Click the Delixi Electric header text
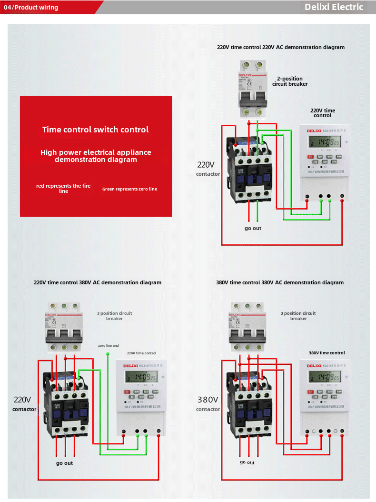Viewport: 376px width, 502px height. point(334,7)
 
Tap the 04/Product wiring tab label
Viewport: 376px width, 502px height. point(31,8)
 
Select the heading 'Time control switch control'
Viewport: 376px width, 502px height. point(95,130)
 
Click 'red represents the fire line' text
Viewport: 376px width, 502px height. point(63,188)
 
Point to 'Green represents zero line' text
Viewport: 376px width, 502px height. point(129,189)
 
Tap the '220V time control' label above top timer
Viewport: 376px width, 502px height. point(323,113)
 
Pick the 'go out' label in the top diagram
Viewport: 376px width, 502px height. point(253,229)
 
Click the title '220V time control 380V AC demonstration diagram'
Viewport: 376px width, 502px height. point(98,282)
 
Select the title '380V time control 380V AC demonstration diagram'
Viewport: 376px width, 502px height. point(280,282)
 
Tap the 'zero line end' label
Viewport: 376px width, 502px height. point(109,345)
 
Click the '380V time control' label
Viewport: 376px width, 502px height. point(327,353)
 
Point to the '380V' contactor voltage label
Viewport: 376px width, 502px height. point(208,400)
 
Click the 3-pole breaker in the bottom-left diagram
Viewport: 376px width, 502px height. point(65,326)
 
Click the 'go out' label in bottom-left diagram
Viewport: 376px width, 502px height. point(65,463)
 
